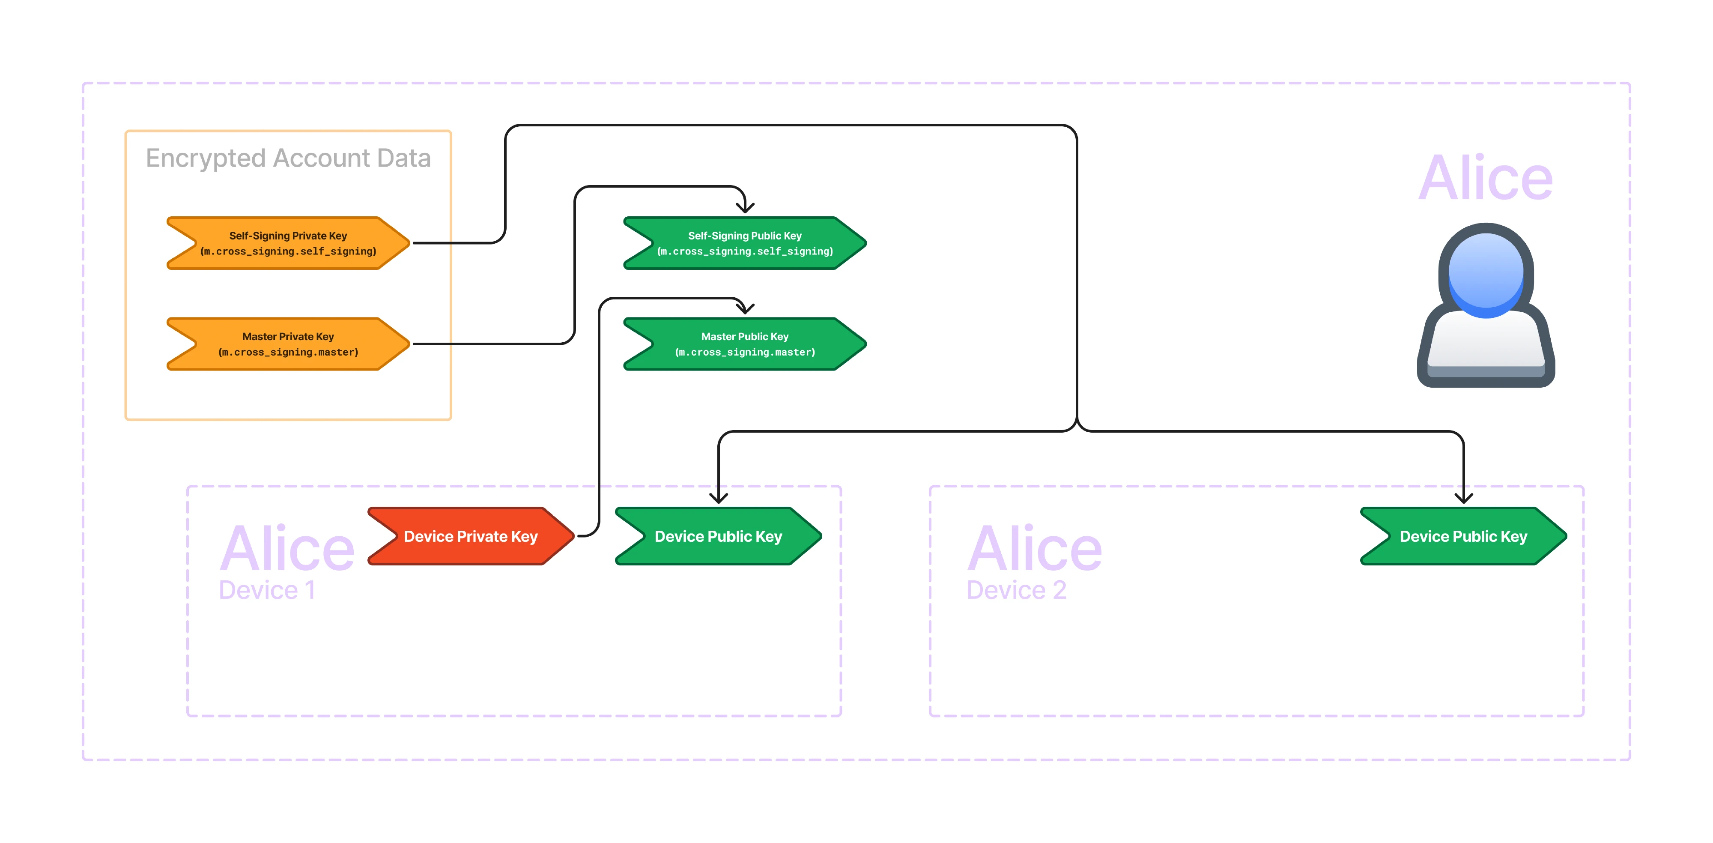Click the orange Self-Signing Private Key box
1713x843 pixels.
(x=288, y=243)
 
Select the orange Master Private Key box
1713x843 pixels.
(x=288, y=344)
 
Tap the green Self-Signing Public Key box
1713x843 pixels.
(x=745, y=243)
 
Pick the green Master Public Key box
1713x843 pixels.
(x=745, y=344)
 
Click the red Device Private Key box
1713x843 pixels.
(x=471, y=536)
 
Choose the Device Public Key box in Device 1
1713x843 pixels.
(x=718, y=536)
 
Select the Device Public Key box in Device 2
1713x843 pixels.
(x=1463, y=536)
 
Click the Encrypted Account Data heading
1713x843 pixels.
(x=288, y=158)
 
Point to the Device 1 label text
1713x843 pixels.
(x=267, y=590)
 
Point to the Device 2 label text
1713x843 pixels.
(x=1016, y=590)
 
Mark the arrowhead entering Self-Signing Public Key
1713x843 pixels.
(x=745, y=208)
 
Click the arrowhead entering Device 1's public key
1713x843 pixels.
(x=718, y=498)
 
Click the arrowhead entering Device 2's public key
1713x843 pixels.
(x=1464, y=498)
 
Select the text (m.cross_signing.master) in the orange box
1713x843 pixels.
(x=288, y=353)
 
